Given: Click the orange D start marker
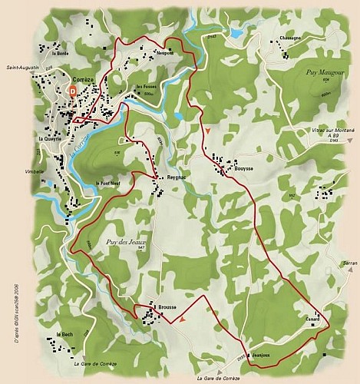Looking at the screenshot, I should tap(72, 90).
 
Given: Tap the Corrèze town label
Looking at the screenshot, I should tap(84, 79).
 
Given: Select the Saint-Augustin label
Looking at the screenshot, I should tap(22, 68).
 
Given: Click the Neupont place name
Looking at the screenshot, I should tap(165, 53).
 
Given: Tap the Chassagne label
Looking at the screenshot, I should tap(290, 38).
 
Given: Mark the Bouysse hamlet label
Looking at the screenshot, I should tap(243, 167).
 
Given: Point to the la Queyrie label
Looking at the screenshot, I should tap(51, 138).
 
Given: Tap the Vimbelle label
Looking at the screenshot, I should tap(35, 171).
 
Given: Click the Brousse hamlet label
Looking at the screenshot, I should tap(167, 307).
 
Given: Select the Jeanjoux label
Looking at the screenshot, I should tap(263, 354).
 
